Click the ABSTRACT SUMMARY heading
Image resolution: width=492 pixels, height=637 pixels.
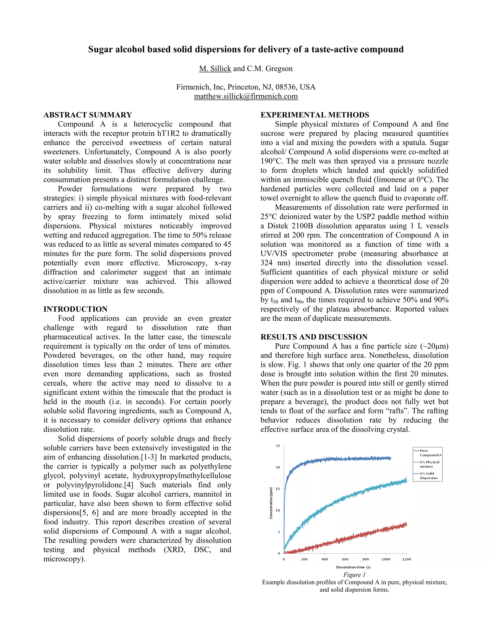pos(88,115)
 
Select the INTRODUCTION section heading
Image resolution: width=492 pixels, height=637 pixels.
pos(75,309)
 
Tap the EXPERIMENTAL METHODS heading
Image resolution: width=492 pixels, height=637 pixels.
pos(315,115)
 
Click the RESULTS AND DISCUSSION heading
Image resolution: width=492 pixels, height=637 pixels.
pos(314,337)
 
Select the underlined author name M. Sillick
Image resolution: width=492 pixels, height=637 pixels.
pos(215,69)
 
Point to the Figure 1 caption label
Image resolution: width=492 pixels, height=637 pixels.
pos(354,575)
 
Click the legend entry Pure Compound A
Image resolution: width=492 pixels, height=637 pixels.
pos(430,453)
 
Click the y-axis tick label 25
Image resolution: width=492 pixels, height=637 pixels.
pos(278,446)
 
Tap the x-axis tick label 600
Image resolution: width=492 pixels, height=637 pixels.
pos(345,559)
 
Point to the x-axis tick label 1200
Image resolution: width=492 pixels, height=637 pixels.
pos(406,559)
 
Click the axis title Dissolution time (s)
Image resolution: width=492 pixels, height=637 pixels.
pos(353,567)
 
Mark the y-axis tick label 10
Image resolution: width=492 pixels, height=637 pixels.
pos(278,510)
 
